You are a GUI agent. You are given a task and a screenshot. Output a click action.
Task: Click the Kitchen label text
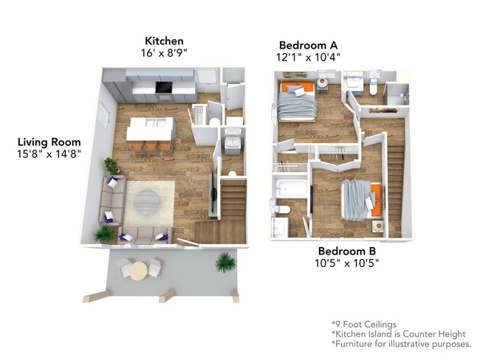pos(164,41)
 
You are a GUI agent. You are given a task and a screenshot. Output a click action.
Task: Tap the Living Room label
pos(49,142)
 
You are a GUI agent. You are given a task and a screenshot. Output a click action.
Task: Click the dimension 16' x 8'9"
pos(164,54)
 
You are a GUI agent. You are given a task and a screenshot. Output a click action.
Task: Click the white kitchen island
pos(150,128)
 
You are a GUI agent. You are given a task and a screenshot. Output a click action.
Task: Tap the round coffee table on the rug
pos(148,201)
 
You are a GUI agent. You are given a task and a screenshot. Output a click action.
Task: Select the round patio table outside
pos(140,269)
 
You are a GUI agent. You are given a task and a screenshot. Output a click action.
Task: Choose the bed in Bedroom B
pos(360,199)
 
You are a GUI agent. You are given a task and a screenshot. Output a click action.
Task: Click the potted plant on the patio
pos(225,261)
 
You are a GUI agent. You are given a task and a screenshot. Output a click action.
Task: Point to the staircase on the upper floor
pos(395,184)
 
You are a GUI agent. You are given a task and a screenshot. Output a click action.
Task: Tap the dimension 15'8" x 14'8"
pos(49,153)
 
